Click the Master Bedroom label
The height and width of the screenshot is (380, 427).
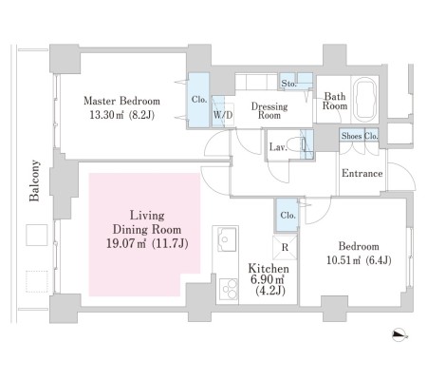(x=121, y=101)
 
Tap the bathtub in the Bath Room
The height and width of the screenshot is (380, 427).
(x=364, y=99)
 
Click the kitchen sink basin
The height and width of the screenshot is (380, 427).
(x=227, y=239)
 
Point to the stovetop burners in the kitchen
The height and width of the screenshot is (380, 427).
(x=228, y=289)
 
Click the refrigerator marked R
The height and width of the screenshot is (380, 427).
(x=285, y=247)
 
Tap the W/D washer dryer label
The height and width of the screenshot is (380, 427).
(x=223, y=115)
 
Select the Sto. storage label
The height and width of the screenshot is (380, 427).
(x=288, y=84)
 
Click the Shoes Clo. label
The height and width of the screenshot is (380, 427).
(x=360, y=136)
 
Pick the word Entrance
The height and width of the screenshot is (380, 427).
(x=362, y=173)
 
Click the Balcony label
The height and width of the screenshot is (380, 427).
(x=34, y=180)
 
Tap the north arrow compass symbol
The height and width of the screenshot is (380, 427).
(x=399, y=334)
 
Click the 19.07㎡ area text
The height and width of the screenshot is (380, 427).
(x=126, y=243)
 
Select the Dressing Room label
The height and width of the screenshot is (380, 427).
(x=269, y=110)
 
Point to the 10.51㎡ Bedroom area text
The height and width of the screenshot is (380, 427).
(x=343, y=260)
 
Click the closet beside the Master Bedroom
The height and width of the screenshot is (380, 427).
(x=199, y=100)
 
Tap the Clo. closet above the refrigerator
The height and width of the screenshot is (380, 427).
(x=288, y=215)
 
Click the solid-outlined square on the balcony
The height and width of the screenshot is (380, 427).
(x=37, y=235)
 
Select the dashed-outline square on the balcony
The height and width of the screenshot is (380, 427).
(x=37, y=281)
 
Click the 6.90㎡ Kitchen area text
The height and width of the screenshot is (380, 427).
(x=268, y=279)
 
